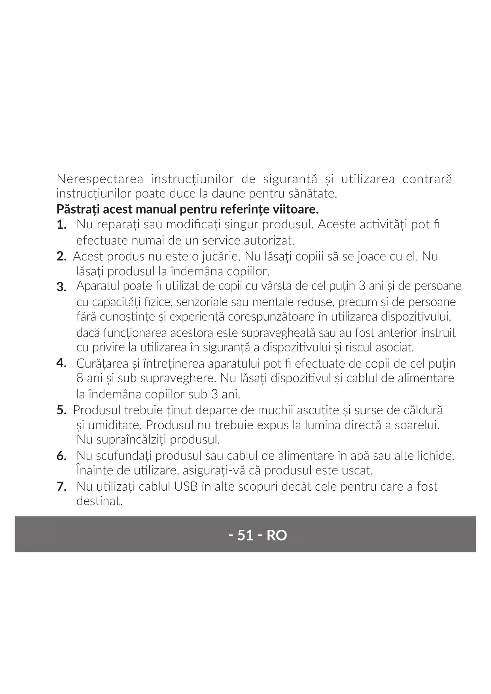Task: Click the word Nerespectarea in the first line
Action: [x=100, y=179]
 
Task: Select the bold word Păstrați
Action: [x=76, y=209]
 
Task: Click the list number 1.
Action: [x=61, y=225]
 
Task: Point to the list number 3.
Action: [x=61, y=287]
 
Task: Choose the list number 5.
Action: [x=61, y=410]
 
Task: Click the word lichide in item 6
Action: [x=435, y=456]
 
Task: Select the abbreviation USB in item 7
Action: [x=186, y=486]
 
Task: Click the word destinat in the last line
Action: [x=99, y=501]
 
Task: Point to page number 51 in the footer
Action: [x=245, y=535]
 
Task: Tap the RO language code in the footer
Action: [x=277, y=535]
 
